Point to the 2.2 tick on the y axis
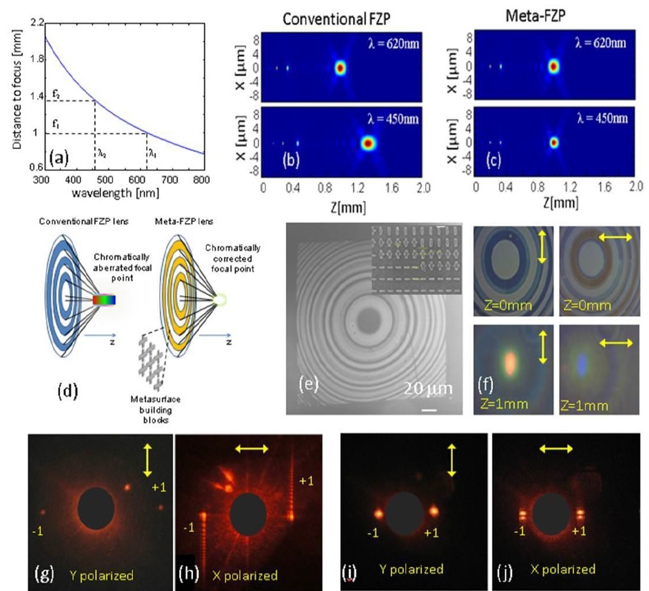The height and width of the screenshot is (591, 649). click(36, 24)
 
